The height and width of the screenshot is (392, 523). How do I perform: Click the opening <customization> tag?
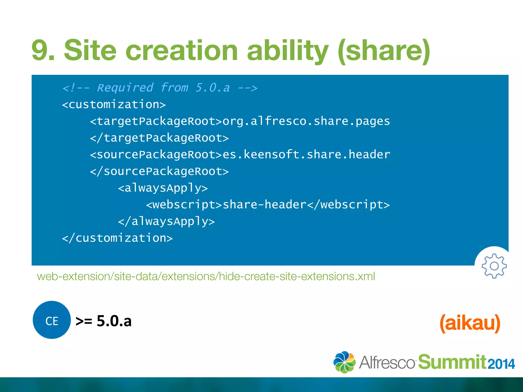114,104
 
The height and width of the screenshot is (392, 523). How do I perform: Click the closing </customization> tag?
117,238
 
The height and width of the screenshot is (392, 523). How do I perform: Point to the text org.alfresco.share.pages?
306,121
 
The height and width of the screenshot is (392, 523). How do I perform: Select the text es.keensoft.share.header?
306,154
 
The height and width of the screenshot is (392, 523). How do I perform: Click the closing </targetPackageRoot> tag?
159,138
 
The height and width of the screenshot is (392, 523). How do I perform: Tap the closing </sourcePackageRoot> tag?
159,171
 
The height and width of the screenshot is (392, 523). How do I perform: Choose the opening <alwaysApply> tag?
163,188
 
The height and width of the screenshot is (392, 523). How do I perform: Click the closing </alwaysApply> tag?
166,221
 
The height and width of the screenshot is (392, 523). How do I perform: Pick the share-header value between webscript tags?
264,205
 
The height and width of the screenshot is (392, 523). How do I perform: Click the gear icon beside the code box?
494,266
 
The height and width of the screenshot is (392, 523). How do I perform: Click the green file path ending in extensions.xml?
206,276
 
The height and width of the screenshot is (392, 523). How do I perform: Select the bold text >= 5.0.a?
103,321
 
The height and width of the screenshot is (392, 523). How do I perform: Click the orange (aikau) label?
470,323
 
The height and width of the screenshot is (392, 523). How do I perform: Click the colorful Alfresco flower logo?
344,362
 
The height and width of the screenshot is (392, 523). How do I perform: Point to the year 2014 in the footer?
501,364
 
